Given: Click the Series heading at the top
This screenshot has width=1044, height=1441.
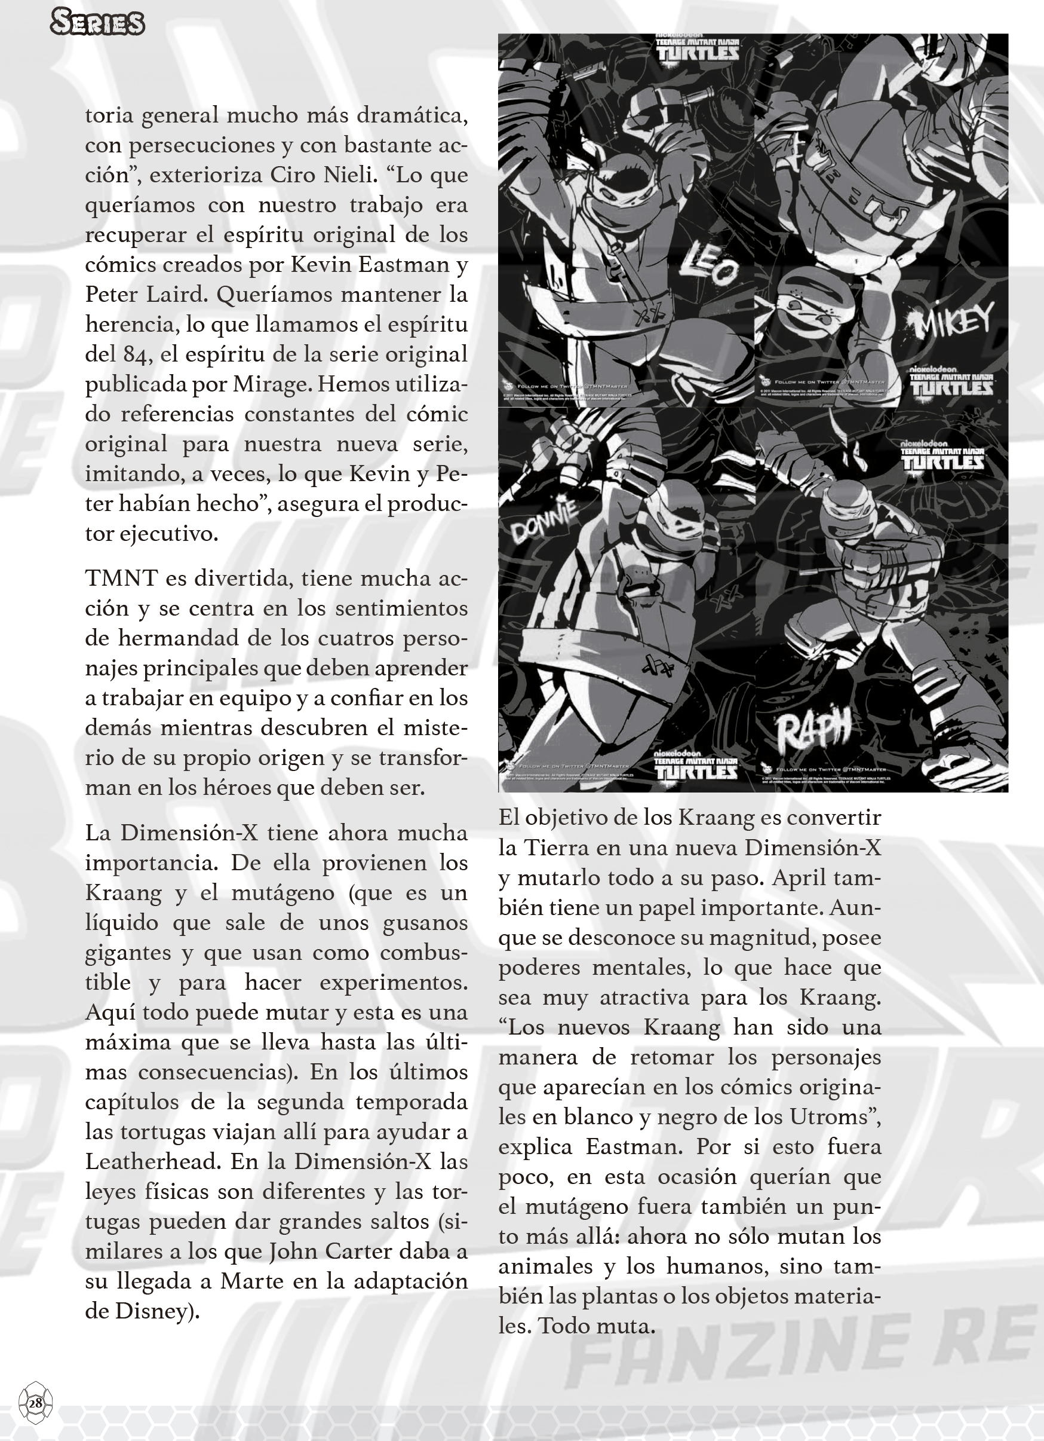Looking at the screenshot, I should click(97, 23).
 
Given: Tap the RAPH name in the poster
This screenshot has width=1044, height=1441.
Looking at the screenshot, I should click(813, 731).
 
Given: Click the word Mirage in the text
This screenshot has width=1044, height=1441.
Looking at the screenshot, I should click(271, 384).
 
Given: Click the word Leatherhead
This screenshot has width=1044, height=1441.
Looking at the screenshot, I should click(152, 1161).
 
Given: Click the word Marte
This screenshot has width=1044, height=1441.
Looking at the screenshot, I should click(251, 1281).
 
